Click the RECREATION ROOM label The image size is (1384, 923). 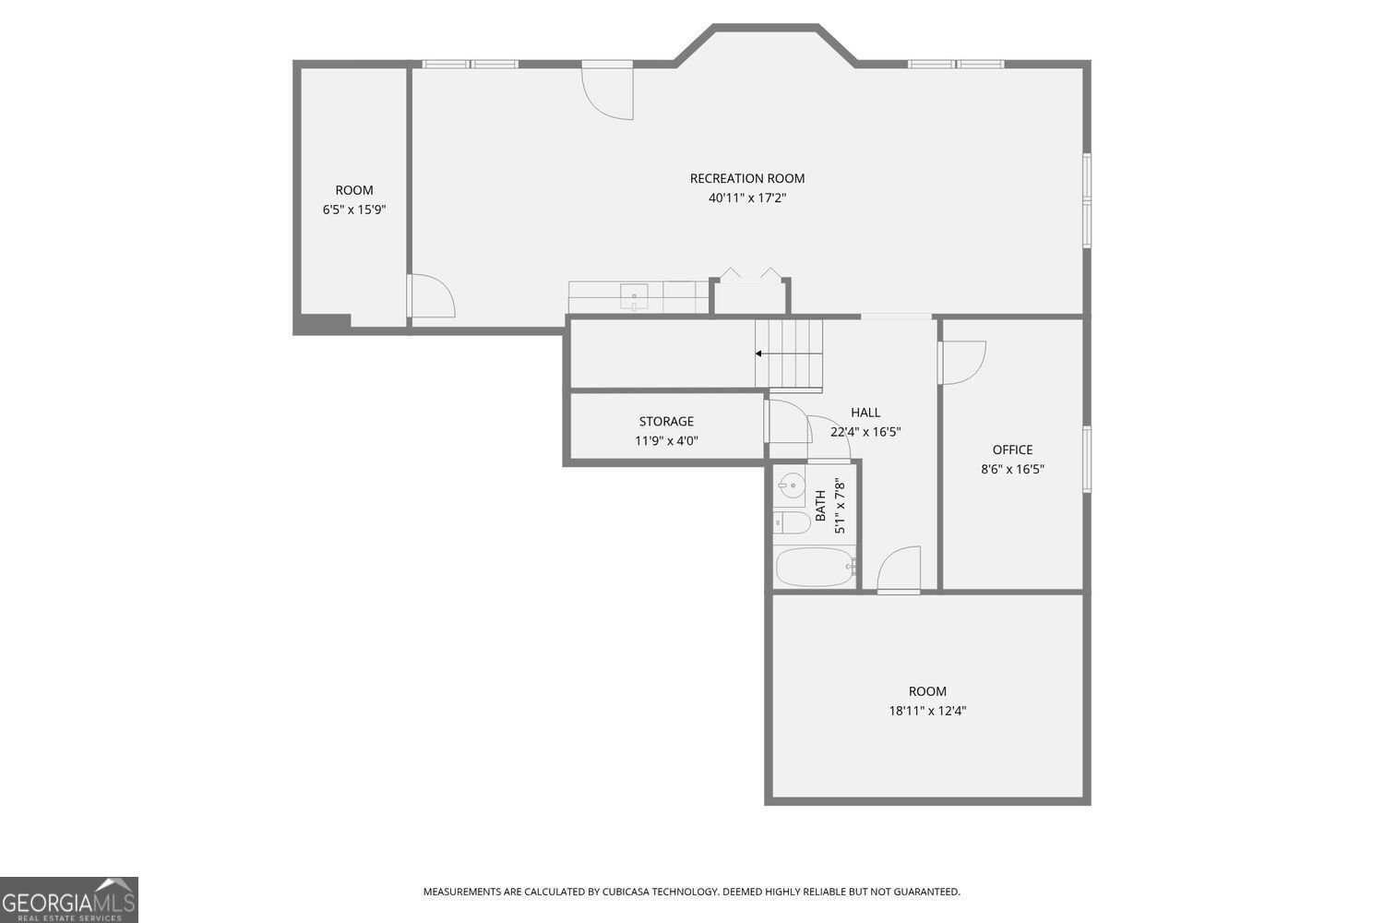point(746,178)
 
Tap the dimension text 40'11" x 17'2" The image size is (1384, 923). point(746,198)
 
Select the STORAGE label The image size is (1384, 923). point(666,422)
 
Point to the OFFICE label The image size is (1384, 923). point(1012,450)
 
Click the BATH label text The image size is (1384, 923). point(820,506)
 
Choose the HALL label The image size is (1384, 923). point(865,413)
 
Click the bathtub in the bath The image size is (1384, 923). point(815,567)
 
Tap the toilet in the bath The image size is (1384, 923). point(792,523)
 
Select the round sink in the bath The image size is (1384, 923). point(791,485)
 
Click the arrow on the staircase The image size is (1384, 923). point(759,354)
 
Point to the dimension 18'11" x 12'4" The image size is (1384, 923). point(927,711)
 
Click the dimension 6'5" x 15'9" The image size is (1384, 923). point(354,210)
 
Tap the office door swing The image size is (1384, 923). point(962,362)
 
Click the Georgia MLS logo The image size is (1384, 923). point(69,899)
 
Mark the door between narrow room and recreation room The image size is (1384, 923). point(431,296)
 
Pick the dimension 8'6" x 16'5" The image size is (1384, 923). point(1012,469)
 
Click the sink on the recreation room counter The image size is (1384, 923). point(635,297)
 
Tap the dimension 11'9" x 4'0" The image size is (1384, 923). point(666,441)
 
